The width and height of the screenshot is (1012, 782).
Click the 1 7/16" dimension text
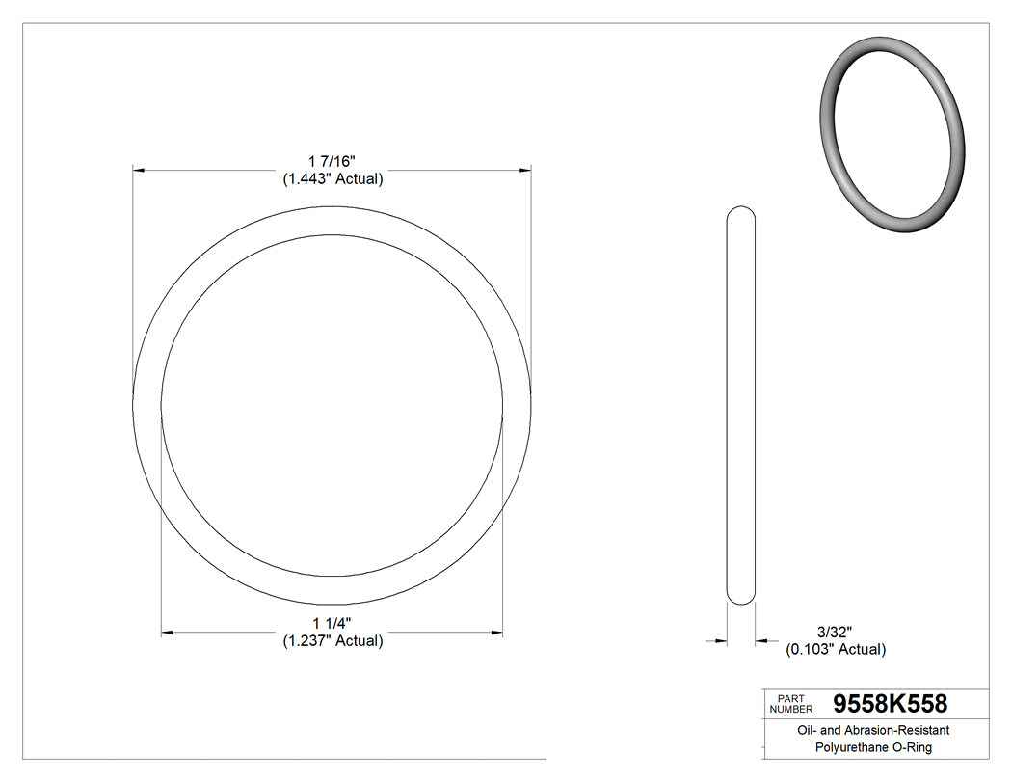[332, 160]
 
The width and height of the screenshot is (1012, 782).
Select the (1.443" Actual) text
[332, 178]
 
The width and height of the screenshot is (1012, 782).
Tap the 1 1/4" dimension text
[332, 622]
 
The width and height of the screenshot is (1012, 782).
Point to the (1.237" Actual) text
[332, 640]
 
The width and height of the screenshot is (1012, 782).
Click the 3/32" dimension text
[834, 632]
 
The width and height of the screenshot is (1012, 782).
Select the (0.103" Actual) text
[836, 650]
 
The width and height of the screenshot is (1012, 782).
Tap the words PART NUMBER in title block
[790, 703]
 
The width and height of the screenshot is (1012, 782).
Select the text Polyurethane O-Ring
[873, 747]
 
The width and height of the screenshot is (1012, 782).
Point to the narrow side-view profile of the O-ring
[740, 405]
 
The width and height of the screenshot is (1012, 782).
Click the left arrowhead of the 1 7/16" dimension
[138, 171]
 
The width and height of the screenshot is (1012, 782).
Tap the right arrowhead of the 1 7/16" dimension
[525, 171]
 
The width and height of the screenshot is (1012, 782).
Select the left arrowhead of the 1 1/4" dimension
[167, 633]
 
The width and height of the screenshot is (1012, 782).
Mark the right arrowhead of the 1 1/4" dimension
[497, 633]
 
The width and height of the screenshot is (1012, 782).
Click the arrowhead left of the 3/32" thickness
[720, 639]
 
